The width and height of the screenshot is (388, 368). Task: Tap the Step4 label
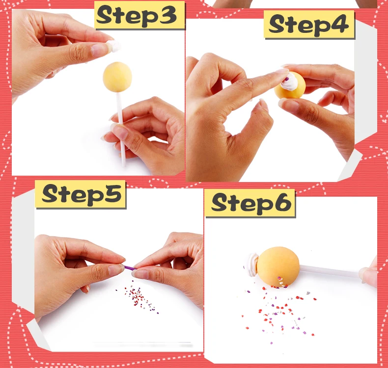click(309, 25)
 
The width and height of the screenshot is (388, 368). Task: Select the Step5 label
click(81, 194)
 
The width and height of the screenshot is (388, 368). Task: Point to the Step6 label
click(250, 203)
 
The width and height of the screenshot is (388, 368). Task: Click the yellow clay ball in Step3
click(117, 77)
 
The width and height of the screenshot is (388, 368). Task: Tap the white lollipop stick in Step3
click(121, 129)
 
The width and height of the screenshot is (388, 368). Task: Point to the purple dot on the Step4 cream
click(287, 79)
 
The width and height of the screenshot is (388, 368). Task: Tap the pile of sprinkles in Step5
click(138, 297)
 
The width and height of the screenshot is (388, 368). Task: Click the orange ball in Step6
click(277, 266)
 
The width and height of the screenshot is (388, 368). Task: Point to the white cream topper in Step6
click(252, 264)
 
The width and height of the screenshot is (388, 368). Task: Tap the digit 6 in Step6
click(282, 202)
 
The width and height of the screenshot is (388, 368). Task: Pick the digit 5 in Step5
click(113, 193)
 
